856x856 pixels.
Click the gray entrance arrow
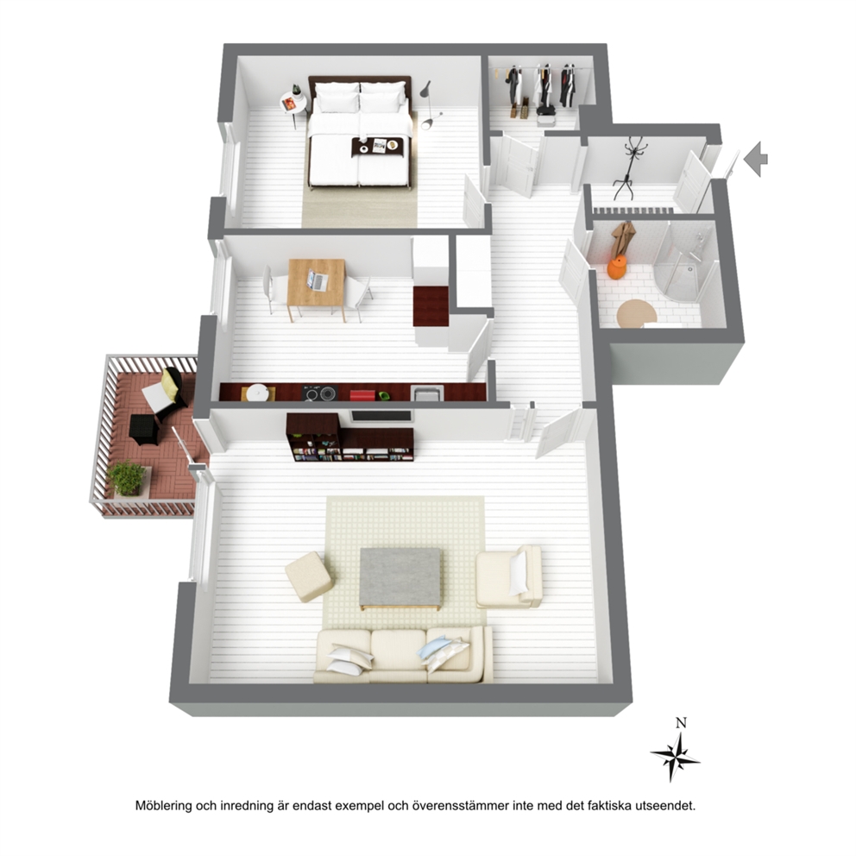click(756, 159)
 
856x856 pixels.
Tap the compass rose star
click(676, 757)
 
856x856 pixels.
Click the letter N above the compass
click(681, 723)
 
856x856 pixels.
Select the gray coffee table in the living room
click(400, 578)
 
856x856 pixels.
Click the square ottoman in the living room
click(309, 576)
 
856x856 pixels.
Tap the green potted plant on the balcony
click(128, 478)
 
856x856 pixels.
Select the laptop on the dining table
click(318, 280)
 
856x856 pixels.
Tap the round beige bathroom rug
click(636, 314)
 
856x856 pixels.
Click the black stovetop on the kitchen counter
click(319, 393)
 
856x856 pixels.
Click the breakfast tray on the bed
click(378, 147)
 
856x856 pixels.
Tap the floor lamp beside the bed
click(429, 105)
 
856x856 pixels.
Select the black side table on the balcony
click(144, 430)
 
